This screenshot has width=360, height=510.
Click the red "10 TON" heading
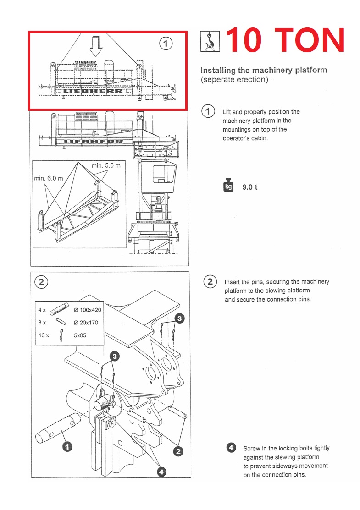point(285,40)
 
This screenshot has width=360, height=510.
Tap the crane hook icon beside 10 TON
point(210,41)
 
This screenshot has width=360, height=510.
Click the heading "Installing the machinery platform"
point(264,70)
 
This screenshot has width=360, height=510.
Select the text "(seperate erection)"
point(234,79)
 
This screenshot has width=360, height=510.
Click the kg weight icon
point(228,186)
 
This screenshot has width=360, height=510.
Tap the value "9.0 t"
point(250,187)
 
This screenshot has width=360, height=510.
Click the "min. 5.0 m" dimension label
point(105,165)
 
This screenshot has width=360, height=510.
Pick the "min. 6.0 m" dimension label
point(48,178)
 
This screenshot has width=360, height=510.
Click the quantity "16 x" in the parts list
point(44,335)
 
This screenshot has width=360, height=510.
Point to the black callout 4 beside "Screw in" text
point(232,448)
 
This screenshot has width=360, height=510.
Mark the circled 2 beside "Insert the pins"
point(210,281)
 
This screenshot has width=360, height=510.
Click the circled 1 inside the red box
point(166,44)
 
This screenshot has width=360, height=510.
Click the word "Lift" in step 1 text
point(227,112)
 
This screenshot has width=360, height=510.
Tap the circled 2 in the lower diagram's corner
point(41,282)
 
